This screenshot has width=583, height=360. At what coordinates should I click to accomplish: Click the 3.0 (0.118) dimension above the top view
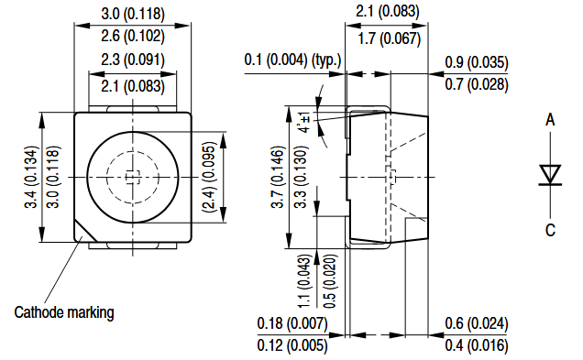click(133, 14)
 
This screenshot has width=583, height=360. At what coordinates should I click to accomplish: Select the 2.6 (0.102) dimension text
click(133, 36)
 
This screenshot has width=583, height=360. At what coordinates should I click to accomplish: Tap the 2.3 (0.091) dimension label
click(133, 60)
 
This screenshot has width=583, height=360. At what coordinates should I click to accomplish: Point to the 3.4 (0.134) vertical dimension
click(31, 177)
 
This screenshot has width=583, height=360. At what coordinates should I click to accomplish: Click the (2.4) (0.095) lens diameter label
click(209, 177)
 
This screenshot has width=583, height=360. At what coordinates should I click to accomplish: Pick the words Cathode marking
click(64, 312)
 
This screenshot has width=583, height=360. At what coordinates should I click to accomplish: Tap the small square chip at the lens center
click(132, 177)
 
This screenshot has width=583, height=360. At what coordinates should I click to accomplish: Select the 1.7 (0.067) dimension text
click(389, 38)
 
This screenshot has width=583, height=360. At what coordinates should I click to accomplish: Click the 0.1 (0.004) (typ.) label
click(292, 60)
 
